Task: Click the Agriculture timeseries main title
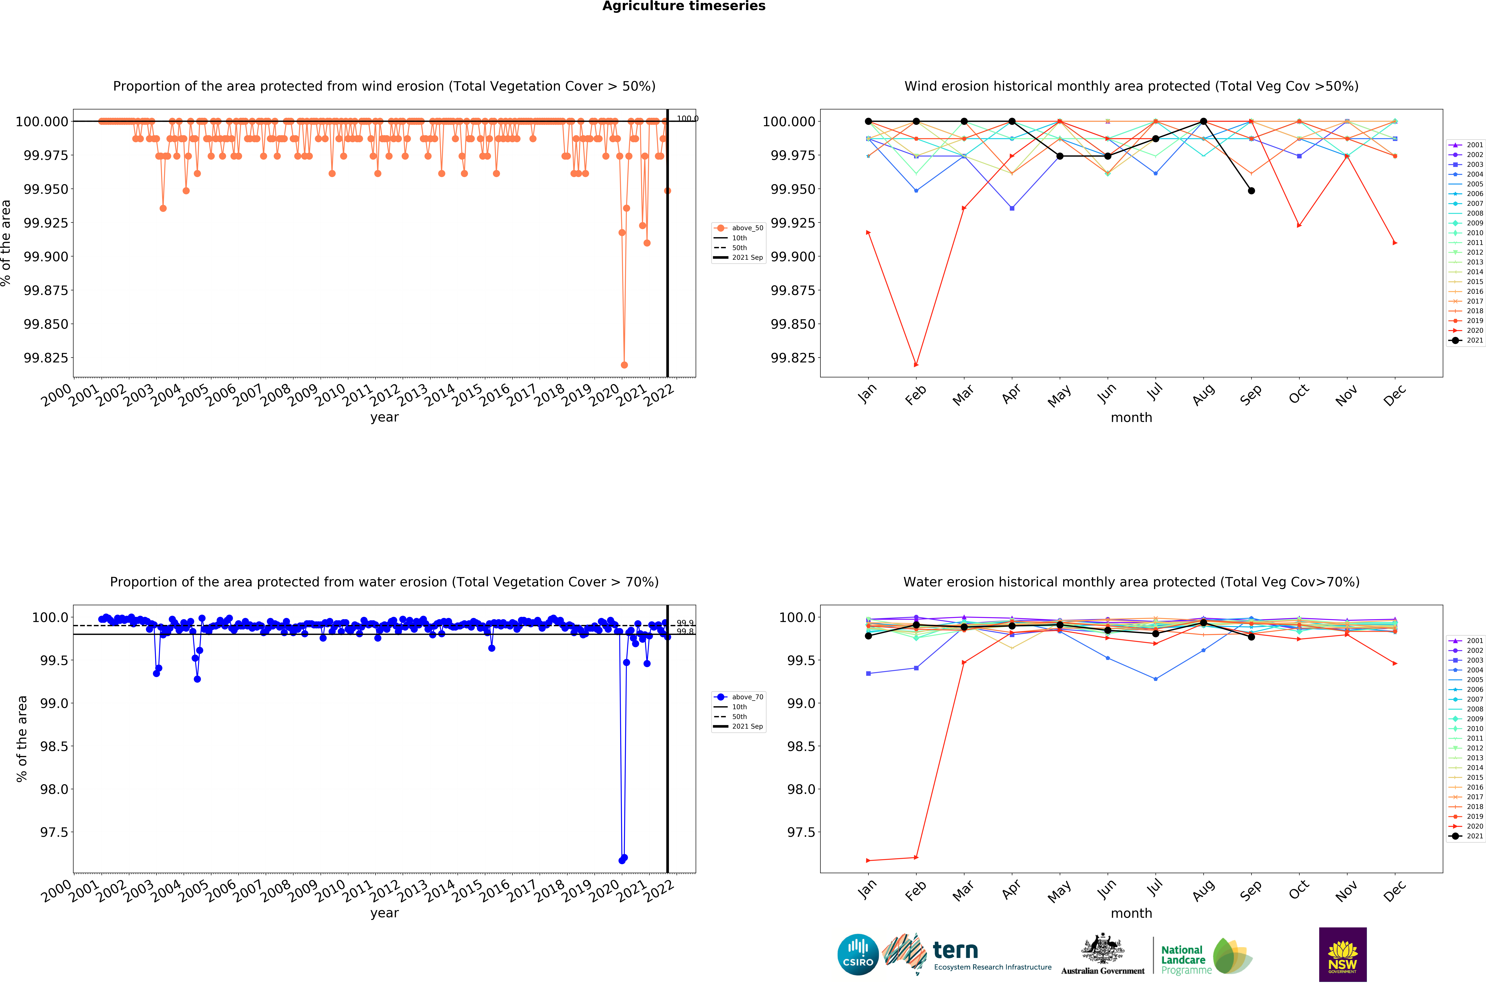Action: click(x=683, y=6)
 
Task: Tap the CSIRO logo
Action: click(x=858, y=954)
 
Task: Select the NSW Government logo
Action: click(x=1342, y=954)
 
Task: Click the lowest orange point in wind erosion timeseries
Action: click(x=624, y=365)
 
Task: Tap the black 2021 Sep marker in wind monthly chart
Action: click(x=1251, y=191)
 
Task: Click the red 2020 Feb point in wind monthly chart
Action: click(x=916, y=365)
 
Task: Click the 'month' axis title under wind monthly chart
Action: click(x=1131, y=417)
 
